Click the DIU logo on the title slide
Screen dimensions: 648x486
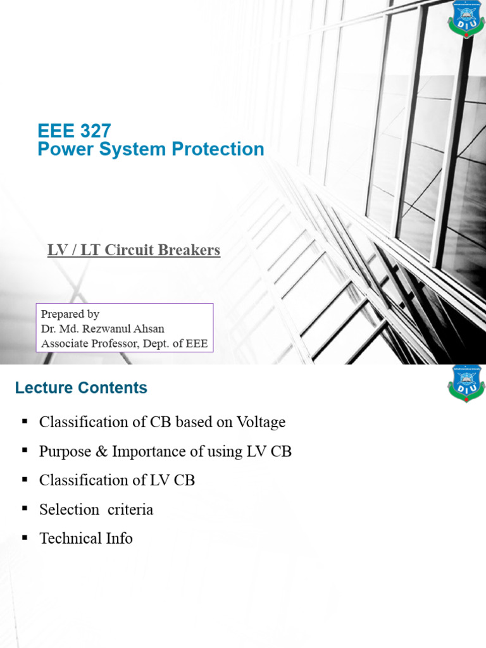(466, 19)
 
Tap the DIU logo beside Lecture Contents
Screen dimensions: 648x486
(466, 383)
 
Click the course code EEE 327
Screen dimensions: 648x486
(74, 131)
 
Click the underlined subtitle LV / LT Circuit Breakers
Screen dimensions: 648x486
(134, 250)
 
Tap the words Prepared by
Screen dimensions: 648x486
(70, 314)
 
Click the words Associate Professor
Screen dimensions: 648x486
(87, 344)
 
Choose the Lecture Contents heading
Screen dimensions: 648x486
(81, 388)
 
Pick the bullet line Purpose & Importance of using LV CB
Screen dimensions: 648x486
(165, 451)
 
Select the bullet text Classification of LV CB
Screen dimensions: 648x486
(117, 480)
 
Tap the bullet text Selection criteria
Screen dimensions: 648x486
(96, 509)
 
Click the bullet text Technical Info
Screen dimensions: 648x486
(86, 539)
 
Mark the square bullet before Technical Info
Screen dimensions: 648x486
(25, 537)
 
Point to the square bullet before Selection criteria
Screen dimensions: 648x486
(25, 508)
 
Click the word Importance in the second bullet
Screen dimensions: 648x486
(143, 451)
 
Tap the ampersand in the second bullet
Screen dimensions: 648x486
(101, 451)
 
